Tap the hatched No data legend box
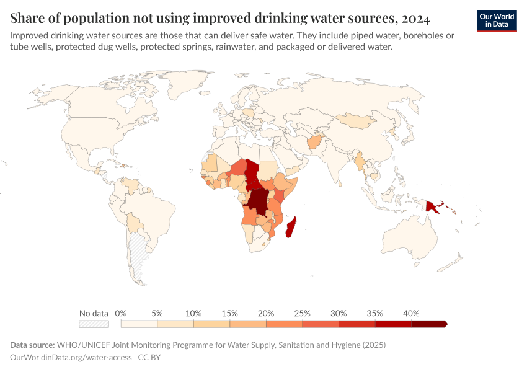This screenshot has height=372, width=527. pyautogui.click(x=94, y=324)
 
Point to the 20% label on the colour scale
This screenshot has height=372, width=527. pyautogui.click(x=266, y=313)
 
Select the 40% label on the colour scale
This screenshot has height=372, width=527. pyautogui.click(x=411, y=313)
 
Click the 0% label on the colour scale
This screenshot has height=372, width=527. pyautogui.click(x=121, y=313)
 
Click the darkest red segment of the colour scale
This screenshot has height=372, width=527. pyautogui.click(x=428, y=324)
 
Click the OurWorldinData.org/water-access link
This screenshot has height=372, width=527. pyautogui.click(x=71, y=357)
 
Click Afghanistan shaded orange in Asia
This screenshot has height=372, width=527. pyautogui.click(x=315, y=143)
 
